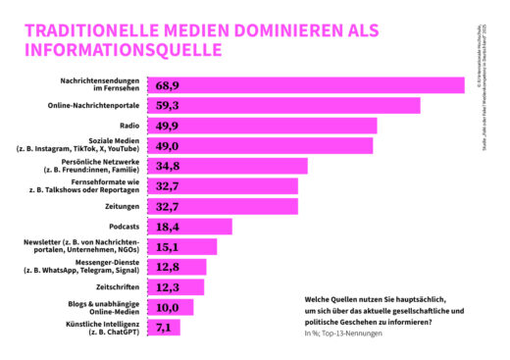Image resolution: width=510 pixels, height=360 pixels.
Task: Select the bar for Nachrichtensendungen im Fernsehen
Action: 305,86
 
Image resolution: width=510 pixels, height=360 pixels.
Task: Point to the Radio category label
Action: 127,126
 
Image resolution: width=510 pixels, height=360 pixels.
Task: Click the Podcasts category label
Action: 120,227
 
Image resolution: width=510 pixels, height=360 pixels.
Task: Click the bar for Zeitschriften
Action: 176,287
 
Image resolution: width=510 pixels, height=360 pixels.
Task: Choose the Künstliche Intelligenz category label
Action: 93,328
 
